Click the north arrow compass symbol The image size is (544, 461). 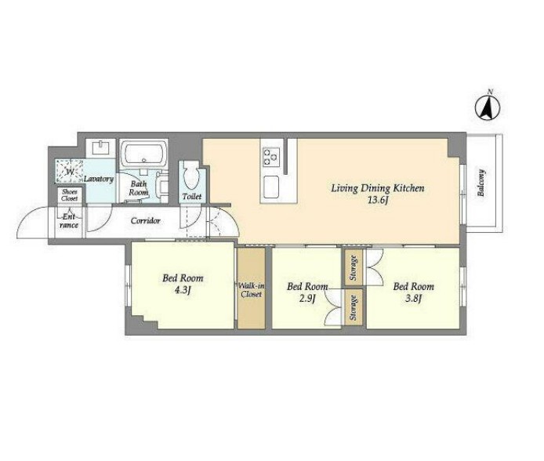[x=488, y=107]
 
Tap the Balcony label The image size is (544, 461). [x=481, y=183]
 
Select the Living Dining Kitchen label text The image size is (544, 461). [x=378, y=189]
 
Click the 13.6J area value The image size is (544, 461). [x=378, y=201]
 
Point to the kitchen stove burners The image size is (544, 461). [x=271, y=156]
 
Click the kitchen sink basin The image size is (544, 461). [x=271, y=187]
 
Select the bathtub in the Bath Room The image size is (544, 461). [x=144, y=154]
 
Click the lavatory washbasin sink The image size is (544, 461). [x=100, y=147]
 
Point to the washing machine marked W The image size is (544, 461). [x=70, y=172]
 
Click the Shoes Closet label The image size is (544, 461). [x=70, y=195]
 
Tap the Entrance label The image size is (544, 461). [x=69, y=221]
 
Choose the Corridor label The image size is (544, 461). [x=145, y=220]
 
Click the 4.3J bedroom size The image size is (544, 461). [x=183, y=290]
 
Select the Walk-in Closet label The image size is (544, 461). [x=251, y=290]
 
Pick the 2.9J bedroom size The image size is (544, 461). [x=307, y=298]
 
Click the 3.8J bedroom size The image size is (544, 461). [x=413, y=298]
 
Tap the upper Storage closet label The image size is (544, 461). [x=354, y=268]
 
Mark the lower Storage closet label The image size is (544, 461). [x=354, y=307]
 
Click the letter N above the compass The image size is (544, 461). [x=490, y=92]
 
